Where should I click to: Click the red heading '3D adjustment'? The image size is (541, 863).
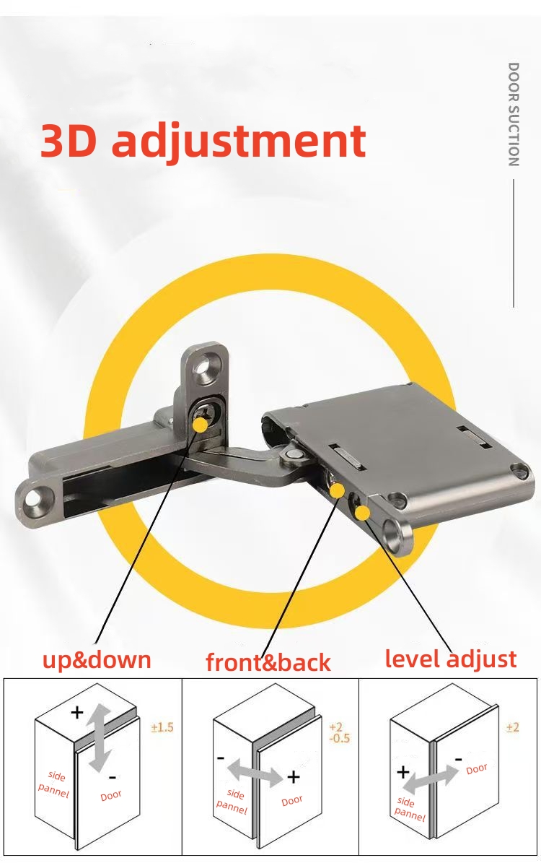coord(203,141)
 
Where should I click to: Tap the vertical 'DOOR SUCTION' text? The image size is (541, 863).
coord(513,114)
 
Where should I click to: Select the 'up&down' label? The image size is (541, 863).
coord(97,659)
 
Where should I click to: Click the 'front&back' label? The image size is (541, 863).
coord(268,662)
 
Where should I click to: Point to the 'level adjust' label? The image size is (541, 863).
coord(451,659)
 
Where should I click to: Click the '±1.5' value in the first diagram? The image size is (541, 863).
coord(162,727)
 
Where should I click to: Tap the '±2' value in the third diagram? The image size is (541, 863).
coord(513,727)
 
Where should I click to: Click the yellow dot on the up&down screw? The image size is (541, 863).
coord(199,425)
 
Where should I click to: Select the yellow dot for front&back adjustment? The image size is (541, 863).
coord(337,491)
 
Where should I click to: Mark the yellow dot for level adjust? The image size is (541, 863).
coord(363,513)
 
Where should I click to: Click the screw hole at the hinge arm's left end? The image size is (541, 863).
coord(35,498)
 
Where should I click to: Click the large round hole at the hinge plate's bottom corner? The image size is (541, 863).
coord(393,535)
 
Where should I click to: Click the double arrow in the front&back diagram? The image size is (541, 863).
coord(255,776)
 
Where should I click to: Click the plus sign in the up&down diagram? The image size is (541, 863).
coord(77,713)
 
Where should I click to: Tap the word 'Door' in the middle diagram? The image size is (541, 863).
coord(292,801)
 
